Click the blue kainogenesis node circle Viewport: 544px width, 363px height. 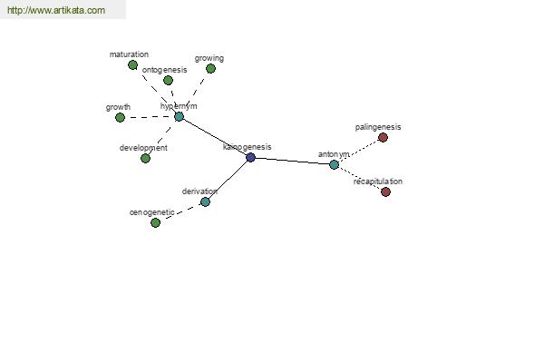[x=250, y=157]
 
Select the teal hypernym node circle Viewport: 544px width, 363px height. [x=179, y=116]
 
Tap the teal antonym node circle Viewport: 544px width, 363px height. [x=334, y=164]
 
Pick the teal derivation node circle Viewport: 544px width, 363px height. [x=205, y=201]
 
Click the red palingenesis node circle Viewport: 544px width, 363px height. [x=383, y=138]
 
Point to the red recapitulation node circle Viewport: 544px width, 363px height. [x=385, y=191]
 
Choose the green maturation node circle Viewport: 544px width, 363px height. [x=132, y=65]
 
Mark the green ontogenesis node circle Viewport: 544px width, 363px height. [x=168, y=80]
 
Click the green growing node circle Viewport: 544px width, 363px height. [x=210, y=69]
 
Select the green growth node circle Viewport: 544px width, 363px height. [x=120, y=117]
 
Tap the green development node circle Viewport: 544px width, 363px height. [x=145, y=159]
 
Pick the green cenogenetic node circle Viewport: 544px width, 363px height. [x=155, y=222]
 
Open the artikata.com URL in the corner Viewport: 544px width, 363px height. [x=56, y=10]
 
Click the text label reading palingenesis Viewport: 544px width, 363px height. [x=378, y=127]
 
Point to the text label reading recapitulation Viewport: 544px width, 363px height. [x=378, y=181]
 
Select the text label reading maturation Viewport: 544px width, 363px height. [x=129, y=54]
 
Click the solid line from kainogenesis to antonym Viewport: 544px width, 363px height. [x=292, y=161]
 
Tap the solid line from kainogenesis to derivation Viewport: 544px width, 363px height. [x=228, y=180]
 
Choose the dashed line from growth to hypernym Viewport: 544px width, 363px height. [x=150, y=117]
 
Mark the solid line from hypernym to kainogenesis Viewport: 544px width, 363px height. [x=214, y=137]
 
